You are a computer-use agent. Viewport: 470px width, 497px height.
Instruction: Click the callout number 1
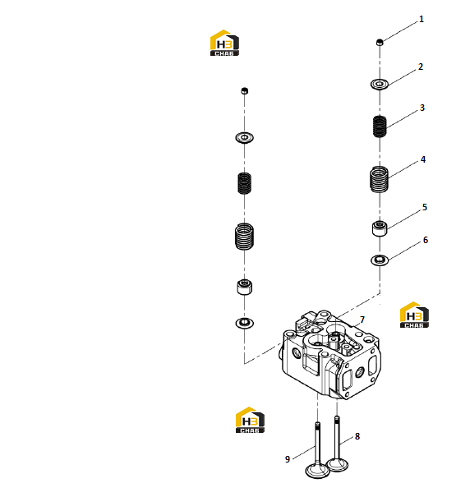tap(422, 20)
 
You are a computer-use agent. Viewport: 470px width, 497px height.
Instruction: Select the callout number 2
tap(421, 67)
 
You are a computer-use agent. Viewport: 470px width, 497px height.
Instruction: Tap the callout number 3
tap(422, 108)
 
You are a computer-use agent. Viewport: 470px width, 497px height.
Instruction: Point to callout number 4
tap(422, 159)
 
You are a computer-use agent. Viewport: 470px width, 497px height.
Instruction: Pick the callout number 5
tap(425, 207)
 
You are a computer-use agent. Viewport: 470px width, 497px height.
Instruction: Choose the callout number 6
tap(426, 240)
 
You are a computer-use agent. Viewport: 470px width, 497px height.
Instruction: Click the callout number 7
tap(362, 320)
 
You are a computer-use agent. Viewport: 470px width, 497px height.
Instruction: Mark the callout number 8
tap(357, 436)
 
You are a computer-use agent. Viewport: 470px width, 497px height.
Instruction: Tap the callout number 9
tap(288, 459)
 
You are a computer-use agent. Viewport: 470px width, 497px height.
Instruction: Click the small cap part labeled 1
tap(380, 42)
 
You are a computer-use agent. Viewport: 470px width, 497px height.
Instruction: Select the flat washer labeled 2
tap(380, 85)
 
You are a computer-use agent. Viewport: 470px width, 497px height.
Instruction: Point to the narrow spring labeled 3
tap(380, 127)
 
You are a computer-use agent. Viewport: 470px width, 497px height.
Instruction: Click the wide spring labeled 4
tap(380, 179)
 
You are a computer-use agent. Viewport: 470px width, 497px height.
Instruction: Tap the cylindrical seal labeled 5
tap(380, 228)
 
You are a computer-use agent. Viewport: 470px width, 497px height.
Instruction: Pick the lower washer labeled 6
tap(380, 260)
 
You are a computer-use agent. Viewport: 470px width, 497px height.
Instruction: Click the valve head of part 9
tap(317, 471)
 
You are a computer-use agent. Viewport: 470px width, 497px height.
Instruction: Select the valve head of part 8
tap(338, 465)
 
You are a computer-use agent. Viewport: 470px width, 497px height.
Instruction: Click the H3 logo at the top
tap(224, 43)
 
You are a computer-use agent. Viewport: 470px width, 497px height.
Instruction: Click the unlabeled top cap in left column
tap(245, 91)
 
